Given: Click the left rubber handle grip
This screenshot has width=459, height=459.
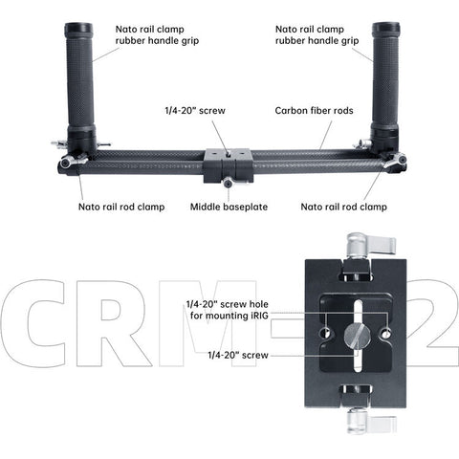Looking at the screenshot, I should tap(80, 76).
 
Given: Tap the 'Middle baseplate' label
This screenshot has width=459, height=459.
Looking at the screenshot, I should tap(228, 206).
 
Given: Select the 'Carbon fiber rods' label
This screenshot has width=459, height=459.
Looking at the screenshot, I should tap(315, 110).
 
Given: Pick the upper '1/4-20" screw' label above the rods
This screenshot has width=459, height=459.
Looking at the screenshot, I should tap(196, 110).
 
